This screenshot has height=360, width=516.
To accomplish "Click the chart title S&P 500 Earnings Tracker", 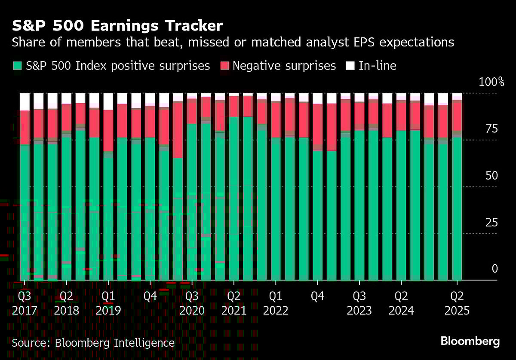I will [x=117, y=26].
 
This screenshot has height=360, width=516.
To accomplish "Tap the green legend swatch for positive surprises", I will [x=17, y=66].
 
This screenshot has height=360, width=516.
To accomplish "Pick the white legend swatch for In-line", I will [x=350, y=66].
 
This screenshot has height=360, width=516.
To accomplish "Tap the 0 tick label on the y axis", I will [x=494, y=269].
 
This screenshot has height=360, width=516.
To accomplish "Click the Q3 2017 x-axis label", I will [x=25, y=303].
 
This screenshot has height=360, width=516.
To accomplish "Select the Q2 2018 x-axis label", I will [x=67, y=303].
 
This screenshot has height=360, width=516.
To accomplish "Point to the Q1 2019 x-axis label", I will [x=108, y=303].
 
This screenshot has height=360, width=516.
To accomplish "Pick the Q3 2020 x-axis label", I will [x=192, y=303].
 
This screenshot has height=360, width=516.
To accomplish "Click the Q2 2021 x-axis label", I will [x=234, y=303].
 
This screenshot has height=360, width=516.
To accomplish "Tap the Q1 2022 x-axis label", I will [x=276, y=303].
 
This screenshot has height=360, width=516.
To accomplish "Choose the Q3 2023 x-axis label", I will [x=359, y=303].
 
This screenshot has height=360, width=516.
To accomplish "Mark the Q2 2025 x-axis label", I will [x=457, y=303].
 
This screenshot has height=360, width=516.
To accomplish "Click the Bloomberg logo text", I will [x=470, y=342].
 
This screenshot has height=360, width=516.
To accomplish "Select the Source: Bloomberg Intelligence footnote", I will [x=93, y=343].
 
